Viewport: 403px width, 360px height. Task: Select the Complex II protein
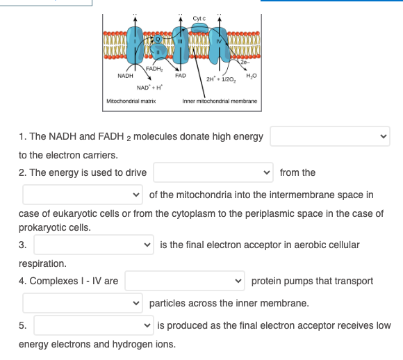click(159, 53)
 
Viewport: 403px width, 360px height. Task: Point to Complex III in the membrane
click(179, 43)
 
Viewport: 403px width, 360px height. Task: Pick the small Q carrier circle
click(159, 37)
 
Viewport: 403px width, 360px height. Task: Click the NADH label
click(126, 75)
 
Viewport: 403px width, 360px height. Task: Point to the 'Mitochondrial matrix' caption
click(130, 101)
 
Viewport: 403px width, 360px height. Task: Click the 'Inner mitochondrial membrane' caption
click(220, 101)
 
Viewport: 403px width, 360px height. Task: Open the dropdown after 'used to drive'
click(213, 172)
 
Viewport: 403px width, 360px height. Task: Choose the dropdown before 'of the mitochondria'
click(83, 195)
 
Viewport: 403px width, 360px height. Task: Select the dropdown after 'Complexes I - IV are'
click(184, 281)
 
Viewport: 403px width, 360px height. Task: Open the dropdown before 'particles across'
click(83, 303)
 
